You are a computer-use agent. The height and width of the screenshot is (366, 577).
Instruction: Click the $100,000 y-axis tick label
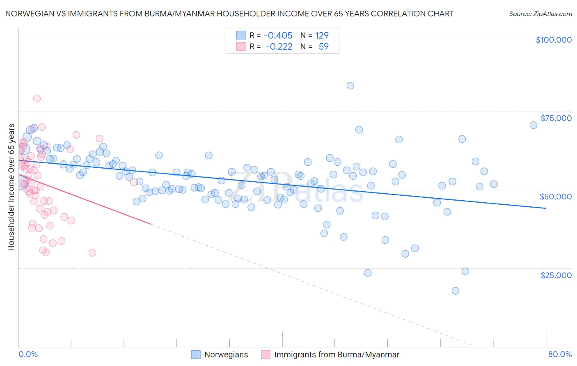(x=554, y=40)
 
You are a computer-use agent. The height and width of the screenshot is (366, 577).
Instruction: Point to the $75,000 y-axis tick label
(x=556, y=118)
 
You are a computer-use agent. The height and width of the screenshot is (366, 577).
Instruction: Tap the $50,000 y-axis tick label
(x=556, y=197)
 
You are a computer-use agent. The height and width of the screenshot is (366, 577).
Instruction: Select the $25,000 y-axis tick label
(x=556, y=275)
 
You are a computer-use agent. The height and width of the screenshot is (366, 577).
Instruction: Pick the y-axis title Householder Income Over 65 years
(x=11, y=187)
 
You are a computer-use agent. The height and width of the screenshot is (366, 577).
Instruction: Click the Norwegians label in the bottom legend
(x=226, y=355)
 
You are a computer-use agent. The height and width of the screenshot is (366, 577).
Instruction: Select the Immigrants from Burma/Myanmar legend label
(x=337, y=355)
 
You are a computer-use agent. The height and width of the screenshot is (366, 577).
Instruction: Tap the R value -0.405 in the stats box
(x=278, y=35)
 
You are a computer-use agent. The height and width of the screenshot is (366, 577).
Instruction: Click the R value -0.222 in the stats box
(x=279, y=46)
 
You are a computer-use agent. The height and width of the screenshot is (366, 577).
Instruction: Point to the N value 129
(x=322, y=35)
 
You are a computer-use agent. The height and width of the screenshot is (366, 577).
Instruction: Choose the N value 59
(x=323, y=46)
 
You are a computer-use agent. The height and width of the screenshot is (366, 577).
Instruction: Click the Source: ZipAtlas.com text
(x=540, y=14)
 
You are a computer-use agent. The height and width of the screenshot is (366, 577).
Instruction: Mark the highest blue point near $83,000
(x=350, y=86)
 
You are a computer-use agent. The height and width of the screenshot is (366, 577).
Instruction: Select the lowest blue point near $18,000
(x=456, y=291)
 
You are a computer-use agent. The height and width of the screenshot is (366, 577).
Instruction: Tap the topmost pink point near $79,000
(x=37, y=98)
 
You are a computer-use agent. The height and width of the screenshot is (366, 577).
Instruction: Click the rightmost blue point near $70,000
(x=533, y=125)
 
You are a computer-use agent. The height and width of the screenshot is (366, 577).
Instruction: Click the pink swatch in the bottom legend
(x=266, y=355)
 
